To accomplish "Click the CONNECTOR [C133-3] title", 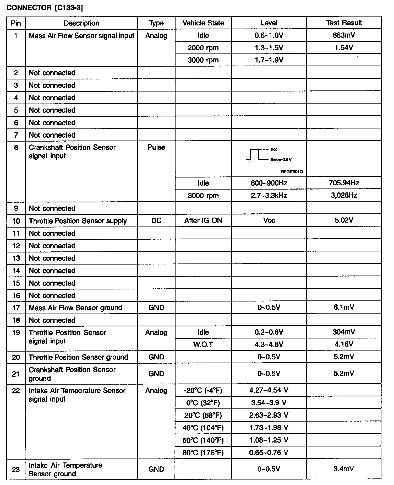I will point(45,8).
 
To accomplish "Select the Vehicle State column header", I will point(203,23).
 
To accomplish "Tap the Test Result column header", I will point(344,23).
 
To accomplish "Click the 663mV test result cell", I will point(344,35).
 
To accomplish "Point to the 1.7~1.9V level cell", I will point(269,60).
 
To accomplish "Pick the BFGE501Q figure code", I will point(292,172).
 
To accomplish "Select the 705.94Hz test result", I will point(344,183).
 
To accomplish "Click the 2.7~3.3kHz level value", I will point(269,195).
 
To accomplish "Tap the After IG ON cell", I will point(203,220).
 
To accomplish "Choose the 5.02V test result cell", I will point(344,220).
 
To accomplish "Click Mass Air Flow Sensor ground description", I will point(75,308).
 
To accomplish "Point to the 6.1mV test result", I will point(344,307).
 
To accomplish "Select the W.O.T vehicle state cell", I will point(203,344).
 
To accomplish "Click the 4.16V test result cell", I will point(344,344).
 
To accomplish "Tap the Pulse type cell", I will point(156,147).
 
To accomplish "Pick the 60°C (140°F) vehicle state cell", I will point(203,440).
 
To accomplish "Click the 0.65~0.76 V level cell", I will point(269,452).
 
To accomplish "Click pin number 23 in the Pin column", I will point(16,469).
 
